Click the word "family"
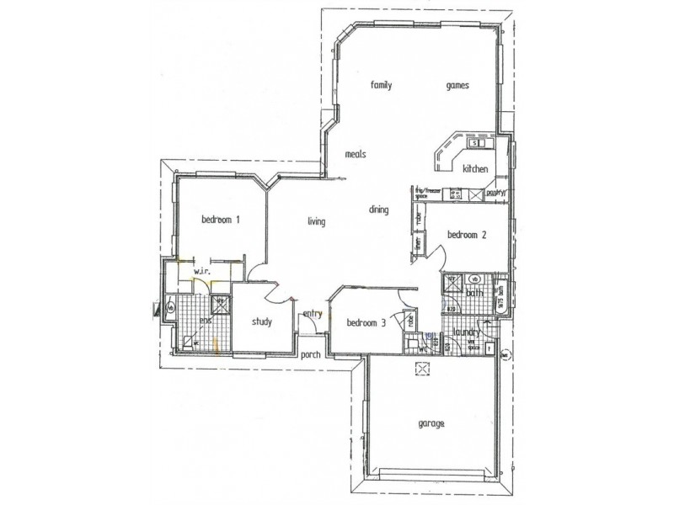click(x=382, y=85)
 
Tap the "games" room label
click(x=457, y=85)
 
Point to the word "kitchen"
click(x=475, y=169)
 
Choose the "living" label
click(x=316, y=221)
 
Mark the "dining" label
click(x=378, y=210)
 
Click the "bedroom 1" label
click(x=221, y=220)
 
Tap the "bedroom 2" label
click(x=467, y=235)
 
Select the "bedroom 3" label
click(x=366, y=322)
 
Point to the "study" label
click(x=261, y=321)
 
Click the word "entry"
click(x=313, y=314)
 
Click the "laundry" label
click(x=466, y=332)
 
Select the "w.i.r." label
click(x=201, y=272)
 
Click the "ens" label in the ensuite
click(x=205, y=320)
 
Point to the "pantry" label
click(x=494, y=193)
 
